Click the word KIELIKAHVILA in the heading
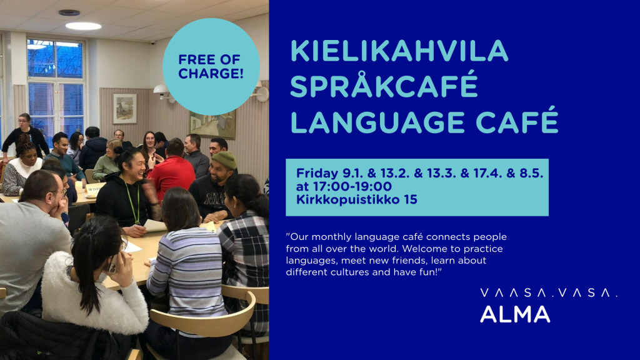click(399, 51)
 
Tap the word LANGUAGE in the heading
click(377, 122)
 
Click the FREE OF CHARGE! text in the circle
click(211, 66)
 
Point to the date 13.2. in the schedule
click(395, 174)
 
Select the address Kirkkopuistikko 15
click(357, 199)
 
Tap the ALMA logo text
click(515, 314)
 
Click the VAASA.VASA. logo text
click(549, 292)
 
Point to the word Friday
click(317, 174)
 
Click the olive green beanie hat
click(224, 160)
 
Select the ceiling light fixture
click(83, 26)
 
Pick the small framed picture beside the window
click(125, 109)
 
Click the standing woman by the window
click(25, 136)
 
